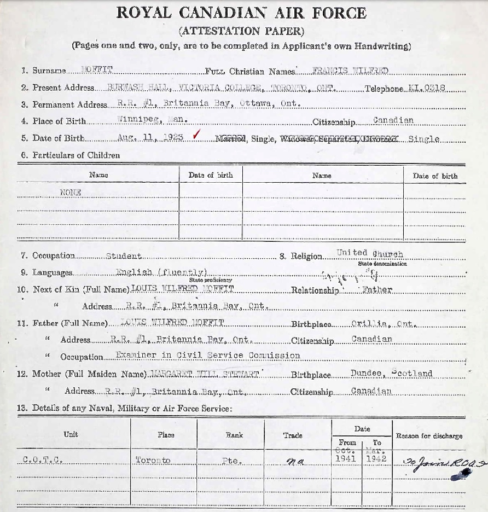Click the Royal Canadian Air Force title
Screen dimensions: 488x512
click(x=241, y=13)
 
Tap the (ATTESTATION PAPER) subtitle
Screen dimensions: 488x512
click(x=241, y=31)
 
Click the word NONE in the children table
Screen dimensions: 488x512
click(x=71, y=192)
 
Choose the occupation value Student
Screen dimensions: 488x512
click(x=124, y=255)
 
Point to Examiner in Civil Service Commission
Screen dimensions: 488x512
click(x=208, y=355)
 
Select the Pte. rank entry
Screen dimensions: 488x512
click(x=231, y=461)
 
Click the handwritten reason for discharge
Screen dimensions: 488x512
click(x=438, y=464)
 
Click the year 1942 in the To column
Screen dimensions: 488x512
click(x=376, y=459)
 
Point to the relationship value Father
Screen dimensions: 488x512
click(x=377, y=290)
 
